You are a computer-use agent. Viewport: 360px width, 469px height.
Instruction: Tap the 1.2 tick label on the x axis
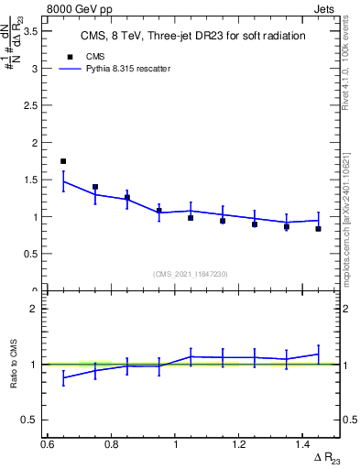point(240,444)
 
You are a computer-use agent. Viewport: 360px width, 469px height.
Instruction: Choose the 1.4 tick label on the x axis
point(304,444)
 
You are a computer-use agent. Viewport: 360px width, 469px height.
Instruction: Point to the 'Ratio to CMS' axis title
point(14,364)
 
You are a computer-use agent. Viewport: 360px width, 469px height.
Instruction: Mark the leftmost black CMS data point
point(63,161)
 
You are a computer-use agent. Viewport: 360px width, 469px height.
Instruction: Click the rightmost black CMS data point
point(318,229)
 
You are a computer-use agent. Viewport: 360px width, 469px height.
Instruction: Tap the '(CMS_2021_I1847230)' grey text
point(191,274)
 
